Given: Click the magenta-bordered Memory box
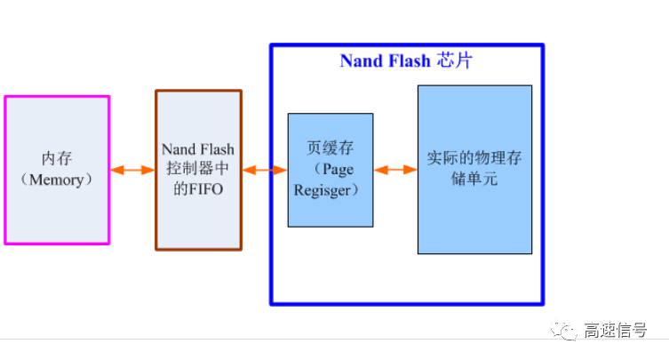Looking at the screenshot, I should (57, 169).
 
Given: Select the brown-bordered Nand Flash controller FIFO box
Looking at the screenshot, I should (198, 169).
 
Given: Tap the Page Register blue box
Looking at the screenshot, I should (331, 169).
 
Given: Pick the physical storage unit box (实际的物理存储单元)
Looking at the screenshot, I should (474, 169).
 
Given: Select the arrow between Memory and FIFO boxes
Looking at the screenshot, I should (132, 170).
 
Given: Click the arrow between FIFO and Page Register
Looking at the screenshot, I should (265, 170).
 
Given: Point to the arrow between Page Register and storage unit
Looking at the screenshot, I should (395, 170).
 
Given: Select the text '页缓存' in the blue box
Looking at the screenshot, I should (331, 148).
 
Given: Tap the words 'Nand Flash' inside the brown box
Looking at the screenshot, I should (198, 149).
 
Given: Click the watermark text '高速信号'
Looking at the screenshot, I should (616, 331).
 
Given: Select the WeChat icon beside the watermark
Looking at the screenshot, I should (566, 331).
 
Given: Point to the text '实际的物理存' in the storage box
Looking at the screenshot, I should (474, 159).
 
